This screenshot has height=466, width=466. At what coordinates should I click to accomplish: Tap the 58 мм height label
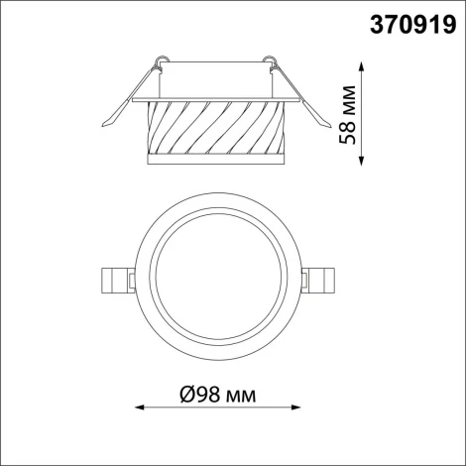[x=348, y=114]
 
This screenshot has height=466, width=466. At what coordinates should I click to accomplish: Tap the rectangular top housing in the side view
[x=217, y=80]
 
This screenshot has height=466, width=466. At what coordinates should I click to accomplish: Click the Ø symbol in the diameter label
[x=187, y=397]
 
